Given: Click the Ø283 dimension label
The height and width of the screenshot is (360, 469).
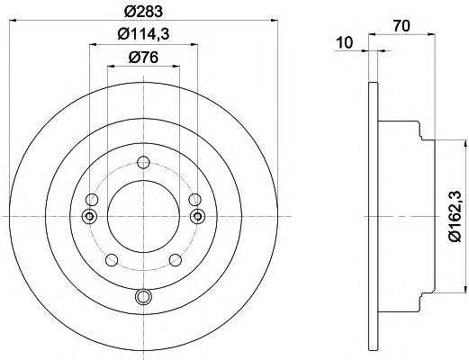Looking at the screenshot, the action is click(143, 12).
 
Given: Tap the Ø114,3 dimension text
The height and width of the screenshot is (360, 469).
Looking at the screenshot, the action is click(144, 34).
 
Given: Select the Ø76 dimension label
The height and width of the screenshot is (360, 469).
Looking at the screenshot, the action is click(143, 57).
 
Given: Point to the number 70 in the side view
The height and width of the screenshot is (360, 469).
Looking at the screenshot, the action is click(401, 26).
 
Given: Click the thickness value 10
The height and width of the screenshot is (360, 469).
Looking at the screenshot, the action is click(345, 42).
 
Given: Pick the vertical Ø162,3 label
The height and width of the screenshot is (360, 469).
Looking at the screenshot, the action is click(455, 216).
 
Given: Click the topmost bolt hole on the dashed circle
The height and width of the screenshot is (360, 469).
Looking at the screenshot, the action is click(143, 162).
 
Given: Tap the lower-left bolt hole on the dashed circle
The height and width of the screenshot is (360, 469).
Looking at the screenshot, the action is click(112, 260).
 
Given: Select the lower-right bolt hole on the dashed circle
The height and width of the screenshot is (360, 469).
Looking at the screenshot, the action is click(176, 260).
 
